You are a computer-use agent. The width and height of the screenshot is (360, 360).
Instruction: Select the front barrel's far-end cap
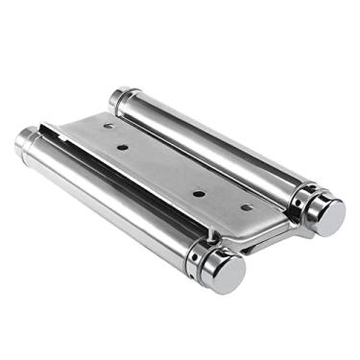pos(26,140)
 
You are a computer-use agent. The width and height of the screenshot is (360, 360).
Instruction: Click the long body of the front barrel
pos(115,202)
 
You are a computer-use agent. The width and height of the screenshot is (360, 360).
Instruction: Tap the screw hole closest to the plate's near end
pos(247,206)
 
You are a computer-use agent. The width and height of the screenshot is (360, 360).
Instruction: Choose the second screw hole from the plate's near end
pos(199,193)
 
